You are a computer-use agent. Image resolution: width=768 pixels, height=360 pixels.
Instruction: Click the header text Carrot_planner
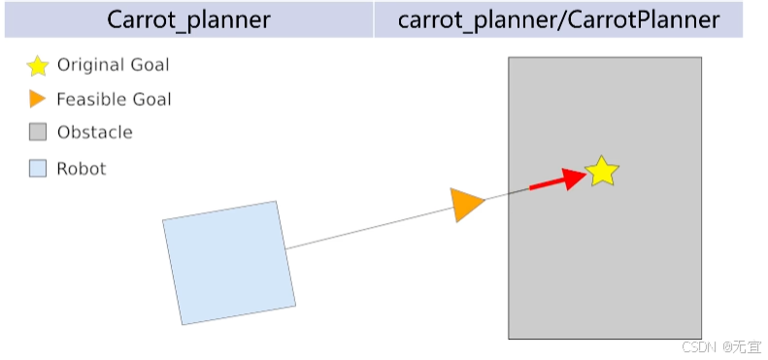point(188,20)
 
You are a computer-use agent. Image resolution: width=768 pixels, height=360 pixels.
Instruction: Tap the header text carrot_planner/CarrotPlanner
point(558,20)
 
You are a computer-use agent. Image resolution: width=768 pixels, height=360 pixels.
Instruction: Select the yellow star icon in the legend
point(38,66)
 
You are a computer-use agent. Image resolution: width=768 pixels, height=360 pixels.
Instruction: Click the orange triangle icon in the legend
point(37,99)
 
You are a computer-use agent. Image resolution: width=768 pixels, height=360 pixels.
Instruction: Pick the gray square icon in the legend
point(38,132)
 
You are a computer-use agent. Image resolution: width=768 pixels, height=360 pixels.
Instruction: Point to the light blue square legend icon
point(38,169)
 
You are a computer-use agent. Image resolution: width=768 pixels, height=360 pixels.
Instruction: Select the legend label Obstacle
point(94,132)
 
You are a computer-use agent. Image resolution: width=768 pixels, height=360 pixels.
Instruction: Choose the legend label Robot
point(82,169)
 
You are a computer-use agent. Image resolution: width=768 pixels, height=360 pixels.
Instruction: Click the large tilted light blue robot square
point(229,263)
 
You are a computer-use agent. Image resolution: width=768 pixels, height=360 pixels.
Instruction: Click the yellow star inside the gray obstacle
point(601,172)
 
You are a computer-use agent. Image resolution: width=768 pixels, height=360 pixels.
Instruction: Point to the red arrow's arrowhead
point(574,179)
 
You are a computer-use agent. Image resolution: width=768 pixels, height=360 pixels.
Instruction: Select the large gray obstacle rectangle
point(605,198)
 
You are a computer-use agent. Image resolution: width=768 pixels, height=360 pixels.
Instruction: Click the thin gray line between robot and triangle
point(369,228)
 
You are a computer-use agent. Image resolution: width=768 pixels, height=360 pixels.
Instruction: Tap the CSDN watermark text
point(721,346)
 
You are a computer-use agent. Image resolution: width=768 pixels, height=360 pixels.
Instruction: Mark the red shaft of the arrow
point(547,184)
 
